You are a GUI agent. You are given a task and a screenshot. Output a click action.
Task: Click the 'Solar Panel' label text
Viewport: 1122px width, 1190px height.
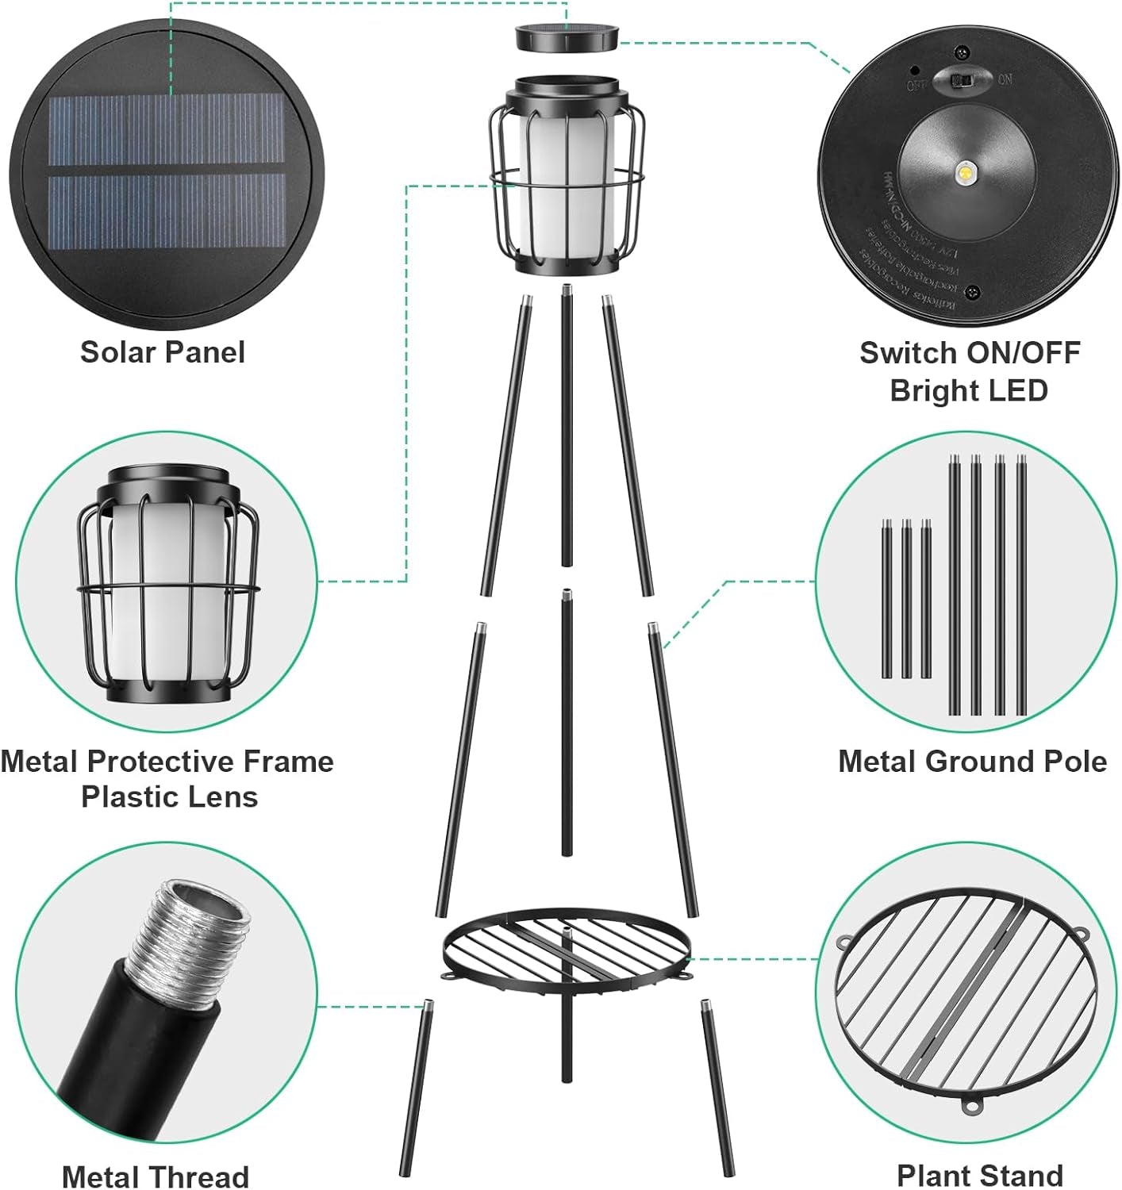(x=163, y=352)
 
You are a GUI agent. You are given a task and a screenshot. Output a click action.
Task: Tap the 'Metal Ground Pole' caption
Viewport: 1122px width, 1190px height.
(x=972, y=762)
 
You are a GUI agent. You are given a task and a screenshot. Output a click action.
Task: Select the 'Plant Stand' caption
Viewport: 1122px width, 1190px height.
(x=979, y=1175)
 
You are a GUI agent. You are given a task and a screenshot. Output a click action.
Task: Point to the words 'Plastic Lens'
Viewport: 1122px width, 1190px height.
(x=170, y=797)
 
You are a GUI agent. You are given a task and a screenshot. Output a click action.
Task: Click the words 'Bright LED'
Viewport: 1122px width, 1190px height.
(x=969, y=390)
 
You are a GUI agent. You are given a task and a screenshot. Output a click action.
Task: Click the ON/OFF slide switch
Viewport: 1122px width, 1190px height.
(x=963, y=80)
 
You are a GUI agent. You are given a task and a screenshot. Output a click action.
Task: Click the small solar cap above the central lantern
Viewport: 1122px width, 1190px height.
(x=567, y=38)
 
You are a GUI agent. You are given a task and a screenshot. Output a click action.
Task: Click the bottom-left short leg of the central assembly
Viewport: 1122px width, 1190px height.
(x=417, y=1087)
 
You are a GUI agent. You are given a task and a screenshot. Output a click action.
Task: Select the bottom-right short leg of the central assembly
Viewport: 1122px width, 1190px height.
(x=717, y=1087)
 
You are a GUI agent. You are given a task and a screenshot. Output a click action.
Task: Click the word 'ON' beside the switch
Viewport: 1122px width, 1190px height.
(x=1005, y=79)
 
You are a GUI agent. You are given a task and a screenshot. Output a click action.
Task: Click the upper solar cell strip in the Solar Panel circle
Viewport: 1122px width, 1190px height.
(x=167, y=129)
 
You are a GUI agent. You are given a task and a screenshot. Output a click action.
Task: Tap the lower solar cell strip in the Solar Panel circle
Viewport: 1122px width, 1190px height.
(x=167, y=211)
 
